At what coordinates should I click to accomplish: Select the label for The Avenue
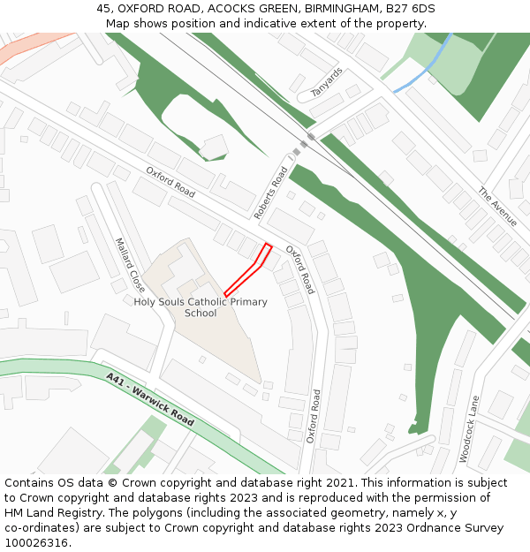point(496,206)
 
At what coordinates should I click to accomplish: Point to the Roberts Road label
point(271,193)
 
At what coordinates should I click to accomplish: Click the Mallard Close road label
point(130,265)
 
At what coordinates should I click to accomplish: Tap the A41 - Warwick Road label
point(149,400)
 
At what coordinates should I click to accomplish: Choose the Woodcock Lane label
point(469,428)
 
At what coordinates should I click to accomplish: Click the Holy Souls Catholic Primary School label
point(201,307)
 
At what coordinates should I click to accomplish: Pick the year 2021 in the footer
point(340,483)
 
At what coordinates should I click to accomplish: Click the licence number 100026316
point(36,543)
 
